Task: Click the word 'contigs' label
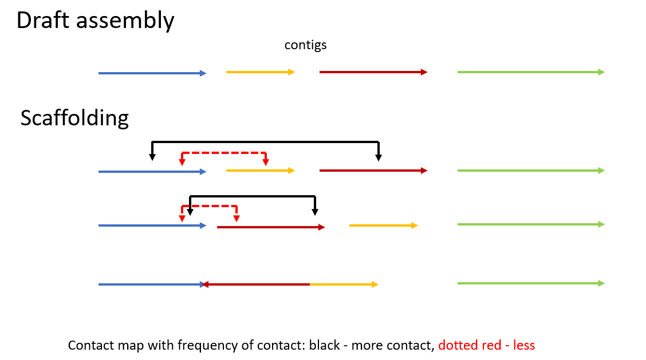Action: click(305, 45)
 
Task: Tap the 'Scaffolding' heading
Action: click(74, 118)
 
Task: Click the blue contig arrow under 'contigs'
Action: click(152, 73)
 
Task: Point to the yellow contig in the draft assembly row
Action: click(260, 72)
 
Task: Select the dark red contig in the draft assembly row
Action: click(373, 72)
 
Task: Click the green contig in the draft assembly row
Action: click(530, 72)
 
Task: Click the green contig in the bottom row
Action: click(530, 283)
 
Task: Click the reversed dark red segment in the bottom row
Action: click(257, 284)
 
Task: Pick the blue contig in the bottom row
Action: click(150, 284)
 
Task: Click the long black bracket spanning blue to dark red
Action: click(265, 141)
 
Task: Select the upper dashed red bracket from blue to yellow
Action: click(223, 153)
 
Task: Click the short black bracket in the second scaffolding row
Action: click(253, 196)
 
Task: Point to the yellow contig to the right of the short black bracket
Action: click(383, 226)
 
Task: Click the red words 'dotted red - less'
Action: click(486, 345)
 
